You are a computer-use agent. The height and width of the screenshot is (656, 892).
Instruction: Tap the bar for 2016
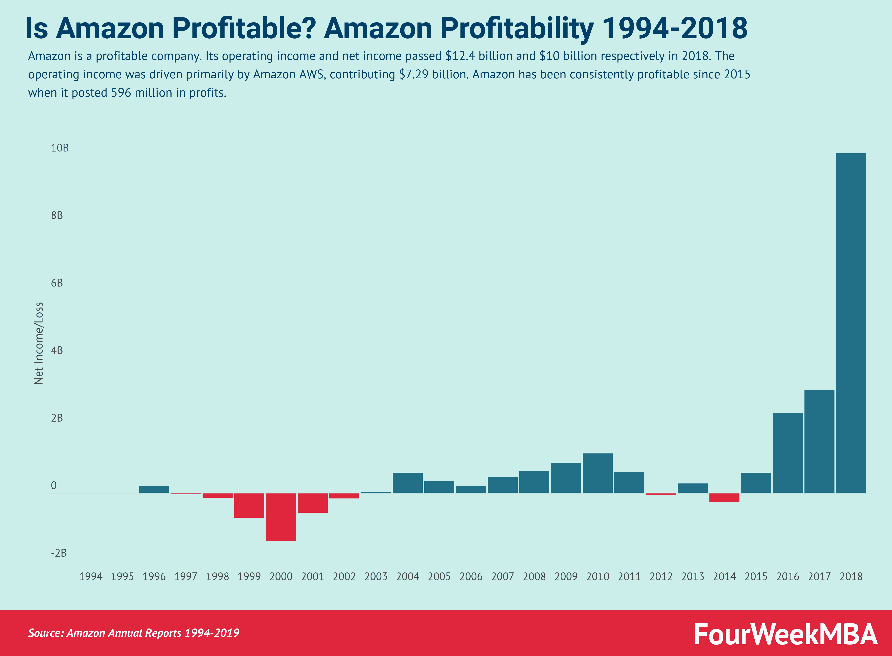tap(788, 453)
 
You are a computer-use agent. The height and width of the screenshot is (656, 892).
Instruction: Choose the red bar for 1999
tap(249, 505)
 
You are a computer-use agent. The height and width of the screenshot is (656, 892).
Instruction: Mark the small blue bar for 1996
tap(154, 489)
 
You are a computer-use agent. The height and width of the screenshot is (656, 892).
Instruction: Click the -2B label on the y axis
tap(59, 553)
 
